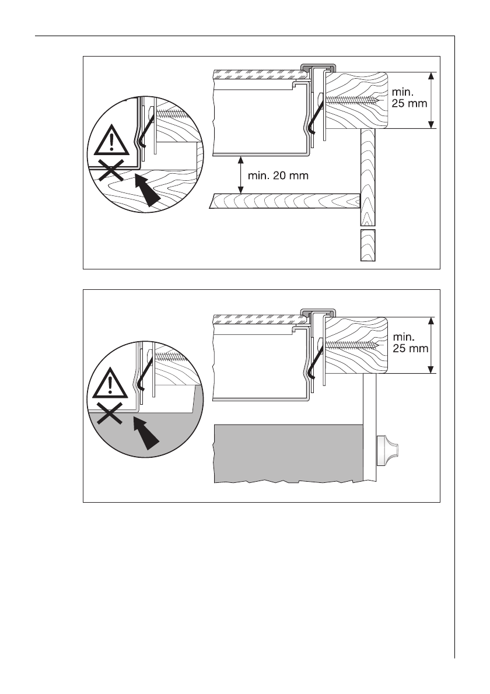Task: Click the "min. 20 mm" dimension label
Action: point(278,174)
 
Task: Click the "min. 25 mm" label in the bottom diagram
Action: point(411,343)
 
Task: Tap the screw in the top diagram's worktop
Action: point(353,100)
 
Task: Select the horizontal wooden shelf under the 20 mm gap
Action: point(286,201)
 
